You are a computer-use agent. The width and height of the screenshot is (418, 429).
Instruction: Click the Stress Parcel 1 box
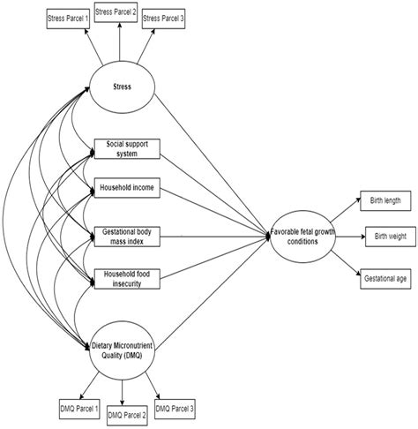(x=68, y=19)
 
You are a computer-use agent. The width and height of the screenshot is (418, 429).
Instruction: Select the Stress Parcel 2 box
(x=116, y=12)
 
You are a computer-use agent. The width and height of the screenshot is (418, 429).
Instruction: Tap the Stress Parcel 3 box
(x=163, y=19)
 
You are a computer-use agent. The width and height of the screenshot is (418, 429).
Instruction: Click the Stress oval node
(x=122, y=87)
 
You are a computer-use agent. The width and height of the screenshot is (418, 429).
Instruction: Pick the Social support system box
(x=127, y=149)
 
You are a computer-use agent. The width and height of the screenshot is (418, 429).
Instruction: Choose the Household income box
(x=127, y=188)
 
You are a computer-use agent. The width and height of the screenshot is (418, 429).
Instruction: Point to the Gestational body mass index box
(x=127, y=237)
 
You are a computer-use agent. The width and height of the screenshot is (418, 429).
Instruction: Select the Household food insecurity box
(x=127, y=279)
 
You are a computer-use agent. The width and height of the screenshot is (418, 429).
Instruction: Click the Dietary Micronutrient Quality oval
(x=122, y=350)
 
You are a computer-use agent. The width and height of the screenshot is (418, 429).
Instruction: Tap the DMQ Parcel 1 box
(x=79, y=409)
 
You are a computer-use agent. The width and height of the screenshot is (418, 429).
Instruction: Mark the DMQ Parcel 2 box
(x=127, y=416)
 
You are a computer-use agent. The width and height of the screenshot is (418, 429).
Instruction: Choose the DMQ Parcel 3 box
(x=175, y=409)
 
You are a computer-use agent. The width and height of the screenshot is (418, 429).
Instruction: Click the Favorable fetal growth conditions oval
(x=302, y=237)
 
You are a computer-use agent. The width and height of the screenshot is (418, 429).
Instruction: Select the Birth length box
(x=385, y=200)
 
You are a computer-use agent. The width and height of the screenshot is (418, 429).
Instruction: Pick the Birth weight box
(x=391, y=237)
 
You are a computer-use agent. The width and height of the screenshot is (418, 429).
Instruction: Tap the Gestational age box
(x=385, y=279)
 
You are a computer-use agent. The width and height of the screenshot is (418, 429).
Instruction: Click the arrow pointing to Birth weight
(x=350, y=237)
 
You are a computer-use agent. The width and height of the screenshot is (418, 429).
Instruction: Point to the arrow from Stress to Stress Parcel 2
(x=119, y=41)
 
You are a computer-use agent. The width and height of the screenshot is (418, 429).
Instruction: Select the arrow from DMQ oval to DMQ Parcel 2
(x=122, y=393)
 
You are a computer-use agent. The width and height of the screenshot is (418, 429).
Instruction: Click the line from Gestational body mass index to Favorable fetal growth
(x=215, y=237)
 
